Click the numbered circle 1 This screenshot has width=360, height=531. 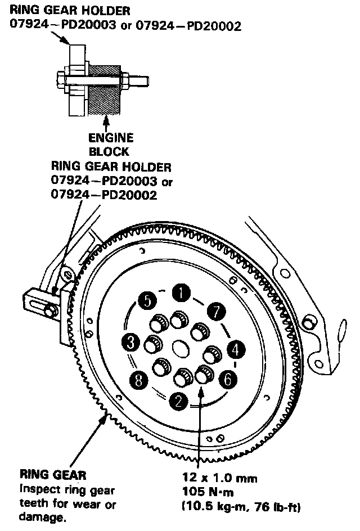click(x=181, y=292)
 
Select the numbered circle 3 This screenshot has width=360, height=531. click(x=130, y=341)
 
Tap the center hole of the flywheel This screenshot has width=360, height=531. click(x=181, y=348)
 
